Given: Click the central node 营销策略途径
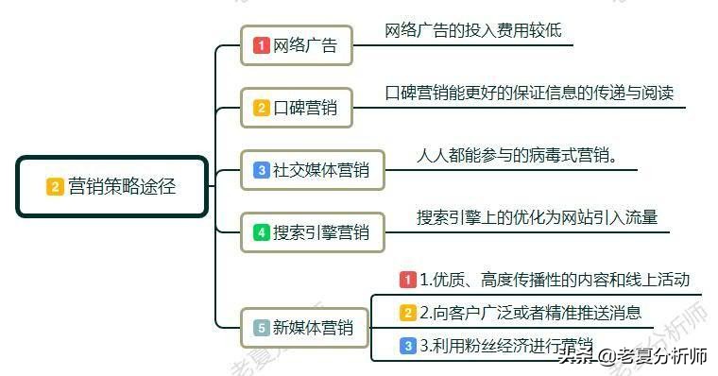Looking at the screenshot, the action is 112,187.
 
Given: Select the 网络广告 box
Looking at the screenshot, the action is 297,45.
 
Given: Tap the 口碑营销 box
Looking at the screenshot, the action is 297,108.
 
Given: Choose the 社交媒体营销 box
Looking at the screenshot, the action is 313,171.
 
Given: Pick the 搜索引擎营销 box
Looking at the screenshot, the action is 313,231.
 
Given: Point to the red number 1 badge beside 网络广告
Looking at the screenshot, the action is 262,45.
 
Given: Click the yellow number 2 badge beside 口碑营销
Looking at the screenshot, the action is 262,108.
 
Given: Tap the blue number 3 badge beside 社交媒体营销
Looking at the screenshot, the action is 262,171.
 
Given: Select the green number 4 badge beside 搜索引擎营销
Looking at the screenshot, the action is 262,231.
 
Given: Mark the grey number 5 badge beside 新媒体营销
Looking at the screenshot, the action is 262,329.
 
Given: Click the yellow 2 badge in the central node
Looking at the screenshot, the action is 55,187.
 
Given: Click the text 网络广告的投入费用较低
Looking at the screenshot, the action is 473,30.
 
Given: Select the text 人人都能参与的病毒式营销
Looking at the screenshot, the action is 518,155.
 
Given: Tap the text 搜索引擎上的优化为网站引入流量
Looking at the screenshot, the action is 537,217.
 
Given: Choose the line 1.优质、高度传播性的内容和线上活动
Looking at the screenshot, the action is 555,280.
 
